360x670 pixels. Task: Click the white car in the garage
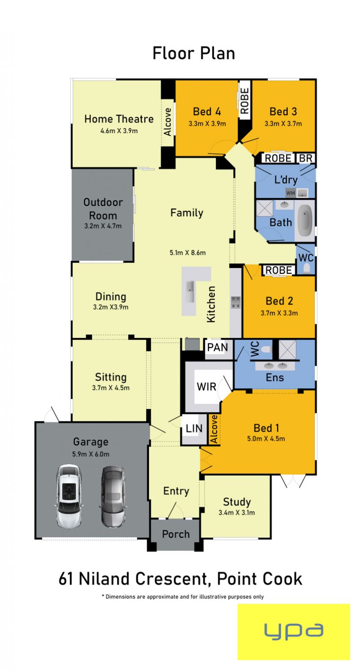pyautogui.click(x=69, y=496)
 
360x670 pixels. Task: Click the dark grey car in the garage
pyautogui.click(x=112, y=496)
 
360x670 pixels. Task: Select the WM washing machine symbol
pyautogui.click(x=291, y=193)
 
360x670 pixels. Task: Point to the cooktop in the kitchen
pyautogui.click(x=236, y=302)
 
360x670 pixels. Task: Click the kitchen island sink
pyautogui.click(x=190, y=292)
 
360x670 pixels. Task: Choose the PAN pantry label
pyautogui.click(x=217, y=347)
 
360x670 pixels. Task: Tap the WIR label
pyautogui.click(x=207, y=387)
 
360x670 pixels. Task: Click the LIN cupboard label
pyautogui.click(x=194, y=429)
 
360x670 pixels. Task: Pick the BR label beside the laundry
pyautogui.click(x=306, y=158)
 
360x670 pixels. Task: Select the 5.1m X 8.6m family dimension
pyautogui.click(x=188, y=252)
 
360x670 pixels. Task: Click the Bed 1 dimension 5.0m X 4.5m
pyautogui.click(x=266, y=438)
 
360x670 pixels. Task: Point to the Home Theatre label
pyautogui.click(x=119, y=119)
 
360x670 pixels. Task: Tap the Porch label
pyautogui.click(x=176, y=534)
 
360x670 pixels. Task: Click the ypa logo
pyautogui.click(x=293, y=632)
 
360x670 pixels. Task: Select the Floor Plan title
pyautogui.click(x=193, y=53)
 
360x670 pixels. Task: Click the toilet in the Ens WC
pyautogui.click(x=266, y=349)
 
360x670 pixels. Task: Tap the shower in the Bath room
pyautogui.click(x=265, y=208)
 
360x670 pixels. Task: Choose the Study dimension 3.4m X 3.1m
pyautogui.click(x=237, y=512)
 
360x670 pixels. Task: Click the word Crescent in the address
pyautogui.click(x=171, y=579)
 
